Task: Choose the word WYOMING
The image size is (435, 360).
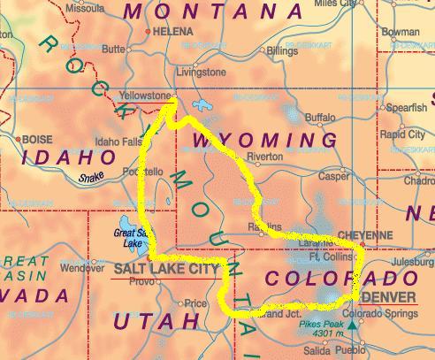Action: (265, 142)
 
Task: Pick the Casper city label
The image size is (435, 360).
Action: (334, 175)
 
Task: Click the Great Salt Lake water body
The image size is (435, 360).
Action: (128, 232)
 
